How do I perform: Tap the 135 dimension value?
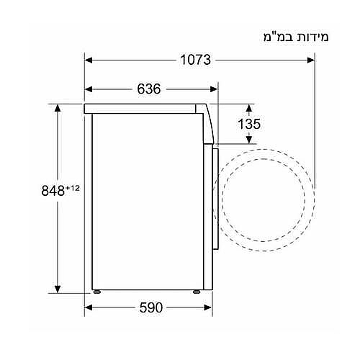248,124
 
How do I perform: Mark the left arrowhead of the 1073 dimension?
89,60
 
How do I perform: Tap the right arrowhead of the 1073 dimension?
310,60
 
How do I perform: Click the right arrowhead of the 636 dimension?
214,89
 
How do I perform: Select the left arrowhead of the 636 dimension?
89,89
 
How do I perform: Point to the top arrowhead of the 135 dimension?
248,107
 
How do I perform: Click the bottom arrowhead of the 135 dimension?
248,138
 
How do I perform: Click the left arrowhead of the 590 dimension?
89,307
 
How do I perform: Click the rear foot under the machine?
96,294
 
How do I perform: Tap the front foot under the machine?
196,294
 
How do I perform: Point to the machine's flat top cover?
144,109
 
